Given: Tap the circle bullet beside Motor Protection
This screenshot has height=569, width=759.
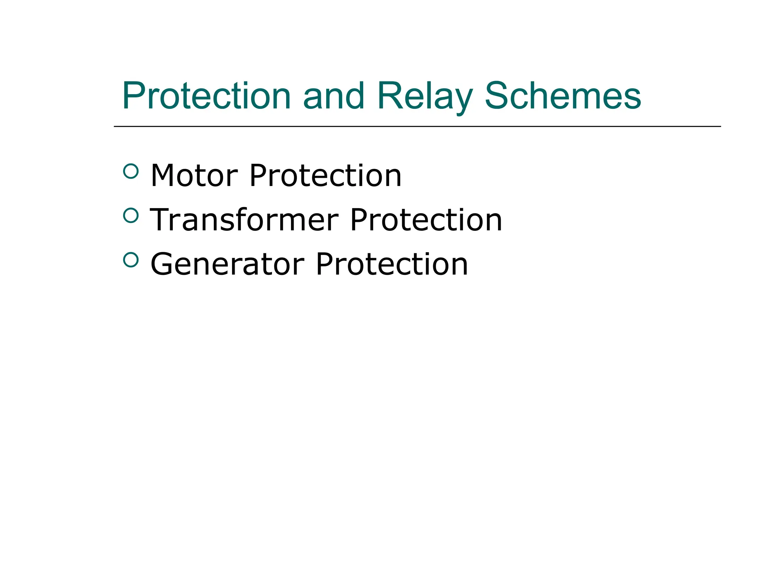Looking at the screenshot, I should tap(130, 171).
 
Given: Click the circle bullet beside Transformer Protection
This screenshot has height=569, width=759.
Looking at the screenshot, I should tap(130, 215).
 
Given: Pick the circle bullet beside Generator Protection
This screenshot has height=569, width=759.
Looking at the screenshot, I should tap(130, 260).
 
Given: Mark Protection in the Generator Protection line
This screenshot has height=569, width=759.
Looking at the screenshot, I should tap(392, 264).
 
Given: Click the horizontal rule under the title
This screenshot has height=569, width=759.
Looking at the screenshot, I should tap(417, 126).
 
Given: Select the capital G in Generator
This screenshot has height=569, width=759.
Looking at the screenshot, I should tap(162, 264).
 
